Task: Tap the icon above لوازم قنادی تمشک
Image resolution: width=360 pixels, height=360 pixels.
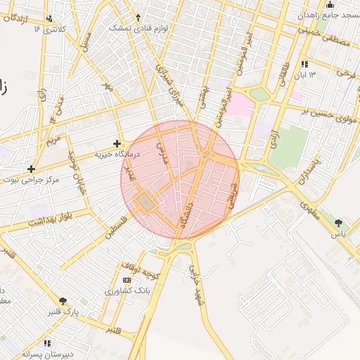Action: tap(138, 17)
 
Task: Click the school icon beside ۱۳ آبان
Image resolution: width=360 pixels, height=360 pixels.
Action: tap(304, 64)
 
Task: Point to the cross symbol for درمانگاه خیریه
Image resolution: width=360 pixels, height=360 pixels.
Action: tap(117, 143)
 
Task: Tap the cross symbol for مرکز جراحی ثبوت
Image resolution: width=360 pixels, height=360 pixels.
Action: tap(31, 169)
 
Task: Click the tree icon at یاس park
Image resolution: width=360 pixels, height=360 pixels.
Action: tap(340, 223)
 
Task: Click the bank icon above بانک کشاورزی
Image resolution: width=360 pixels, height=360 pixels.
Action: tap(127, 280)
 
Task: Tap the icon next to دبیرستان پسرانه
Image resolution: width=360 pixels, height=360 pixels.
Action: tap(47, 343)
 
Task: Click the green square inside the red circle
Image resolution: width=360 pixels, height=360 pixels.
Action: tap(146, 203)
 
